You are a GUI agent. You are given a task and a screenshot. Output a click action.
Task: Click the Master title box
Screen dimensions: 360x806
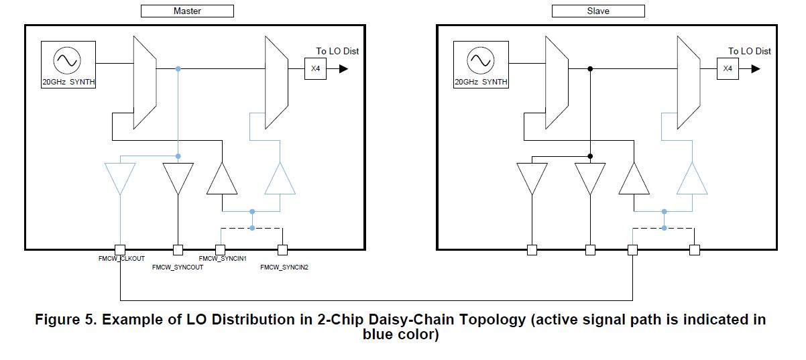click(x=187, y=11)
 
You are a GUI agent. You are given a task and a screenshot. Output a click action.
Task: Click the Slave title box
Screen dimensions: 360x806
click(x=597, y=11)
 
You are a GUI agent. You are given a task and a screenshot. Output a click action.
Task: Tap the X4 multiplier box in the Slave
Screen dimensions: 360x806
click(x=728, y=68)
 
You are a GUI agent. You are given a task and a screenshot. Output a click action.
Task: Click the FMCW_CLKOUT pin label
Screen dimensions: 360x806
click(x=121, y=258)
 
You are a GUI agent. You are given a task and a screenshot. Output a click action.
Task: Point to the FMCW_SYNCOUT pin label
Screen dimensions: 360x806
click(x=178, y=267)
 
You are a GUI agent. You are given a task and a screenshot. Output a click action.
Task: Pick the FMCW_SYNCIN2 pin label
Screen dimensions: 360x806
click(x=284, y=267)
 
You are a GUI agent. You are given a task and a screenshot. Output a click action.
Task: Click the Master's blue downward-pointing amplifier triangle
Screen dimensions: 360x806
click(x=119, y=178)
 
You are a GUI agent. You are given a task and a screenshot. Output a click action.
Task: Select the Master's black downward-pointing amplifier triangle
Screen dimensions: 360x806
click(x=178, y=178)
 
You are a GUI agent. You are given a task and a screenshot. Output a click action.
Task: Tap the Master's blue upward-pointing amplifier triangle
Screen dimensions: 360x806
click(x=280, y=180)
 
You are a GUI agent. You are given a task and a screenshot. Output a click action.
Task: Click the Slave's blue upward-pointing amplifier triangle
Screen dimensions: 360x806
click(x=691, y=180)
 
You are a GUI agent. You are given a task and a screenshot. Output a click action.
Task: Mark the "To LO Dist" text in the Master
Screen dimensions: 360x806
click(x=342, y=51)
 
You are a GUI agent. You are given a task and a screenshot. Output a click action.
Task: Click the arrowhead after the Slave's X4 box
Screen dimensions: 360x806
click(x=755, y=68)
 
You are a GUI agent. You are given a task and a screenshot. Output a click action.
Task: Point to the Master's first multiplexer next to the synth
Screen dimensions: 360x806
click(x=145, y=82)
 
